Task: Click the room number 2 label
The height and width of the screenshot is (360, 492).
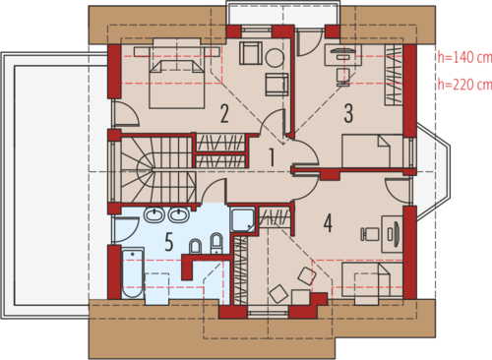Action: pyautogui.click(x=224, y=114)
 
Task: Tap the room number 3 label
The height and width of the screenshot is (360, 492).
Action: pyautogui.click(x=348, y=113)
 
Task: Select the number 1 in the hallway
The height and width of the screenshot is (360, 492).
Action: pyautogui.click(x=272, y=157)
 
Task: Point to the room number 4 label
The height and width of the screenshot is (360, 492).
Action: pyautogui.click(x=328, y=223)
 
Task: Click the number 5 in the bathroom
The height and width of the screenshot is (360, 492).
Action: pyautogui.click(x=168, y=242)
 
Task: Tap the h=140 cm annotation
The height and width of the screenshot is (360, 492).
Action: pyautogui.click(x=464, y=57)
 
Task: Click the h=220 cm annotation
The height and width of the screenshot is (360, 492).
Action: pyautogui.click(x=464, y=85)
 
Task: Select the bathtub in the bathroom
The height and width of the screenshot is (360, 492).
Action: pyautogui.click(x=133, y=272)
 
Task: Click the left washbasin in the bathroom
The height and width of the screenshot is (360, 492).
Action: pyautogui.click(x=154, y=215)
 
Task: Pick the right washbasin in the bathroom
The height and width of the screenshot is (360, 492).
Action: pyautogui.click(x=178, y=215)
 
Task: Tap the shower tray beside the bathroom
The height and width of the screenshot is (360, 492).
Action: pyautogui.click(x=243, y=219)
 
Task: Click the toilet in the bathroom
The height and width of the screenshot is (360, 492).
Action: pyautogui.click(x=196, y=247)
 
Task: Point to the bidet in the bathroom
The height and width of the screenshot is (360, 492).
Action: pyautogui.click(x=216, y=244)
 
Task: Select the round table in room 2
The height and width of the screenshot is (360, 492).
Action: pyautogui.click(x=275, y=58)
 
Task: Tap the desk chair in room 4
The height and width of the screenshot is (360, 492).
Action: pyautogui.click(x=369, y=234)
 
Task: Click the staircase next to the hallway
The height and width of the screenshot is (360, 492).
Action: pyautogui.click(x=158, y=169)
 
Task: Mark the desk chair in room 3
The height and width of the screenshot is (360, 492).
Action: pyautogui.click(x=343, y=76)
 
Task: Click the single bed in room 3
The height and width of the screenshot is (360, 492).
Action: pyautogui.click(x=373, y=151)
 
